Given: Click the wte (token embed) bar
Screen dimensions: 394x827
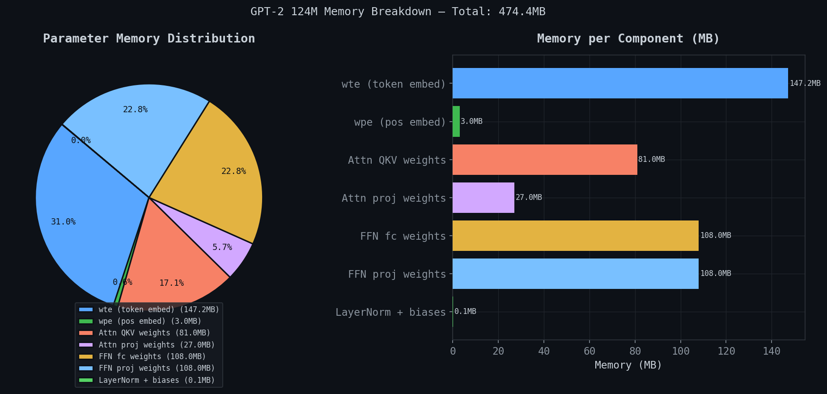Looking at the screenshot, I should point(620,83).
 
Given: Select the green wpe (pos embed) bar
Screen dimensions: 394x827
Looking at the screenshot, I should point(456,122).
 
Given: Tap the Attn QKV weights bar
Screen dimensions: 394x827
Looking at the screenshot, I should point(545,160).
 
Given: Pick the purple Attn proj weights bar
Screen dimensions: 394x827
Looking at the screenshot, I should point(483,198).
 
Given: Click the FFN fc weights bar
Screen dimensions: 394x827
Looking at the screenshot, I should point(575,236).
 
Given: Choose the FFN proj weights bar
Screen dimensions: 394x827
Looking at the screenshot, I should point(575,274).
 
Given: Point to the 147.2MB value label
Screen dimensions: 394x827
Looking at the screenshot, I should point(805,83).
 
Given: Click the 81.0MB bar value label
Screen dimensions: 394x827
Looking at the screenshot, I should point(651,159).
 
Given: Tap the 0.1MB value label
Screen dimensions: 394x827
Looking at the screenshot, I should point(465,311).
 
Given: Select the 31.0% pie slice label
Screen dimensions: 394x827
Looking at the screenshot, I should point(63,222).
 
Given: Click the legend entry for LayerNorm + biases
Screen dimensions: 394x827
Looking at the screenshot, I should point(156,380).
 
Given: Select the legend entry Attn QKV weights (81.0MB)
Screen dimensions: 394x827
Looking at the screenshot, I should point(154,333).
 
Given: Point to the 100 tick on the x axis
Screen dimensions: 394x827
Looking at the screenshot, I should point(680,351).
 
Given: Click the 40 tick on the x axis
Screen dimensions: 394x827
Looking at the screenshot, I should point(544,351).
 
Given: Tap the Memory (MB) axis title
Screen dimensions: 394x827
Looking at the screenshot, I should point(628,365).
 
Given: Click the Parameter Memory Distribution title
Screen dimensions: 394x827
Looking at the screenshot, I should point(149,38).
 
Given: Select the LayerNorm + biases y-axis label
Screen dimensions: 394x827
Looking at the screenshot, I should point(390,312).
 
